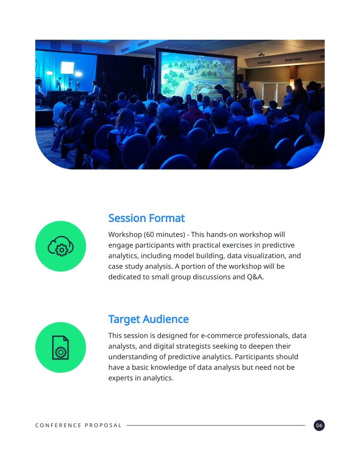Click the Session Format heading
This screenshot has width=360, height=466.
point(146,218)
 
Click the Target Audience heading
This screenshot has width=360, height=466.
point(148,319)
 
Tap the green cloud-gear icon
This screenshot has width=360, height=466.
point(60,246)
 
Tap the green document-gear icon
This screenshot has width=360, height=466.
point(60,347)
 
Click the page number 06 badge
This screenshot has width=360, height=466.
point(319,425)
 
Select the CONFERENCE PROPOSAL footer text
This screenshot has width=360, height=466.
point(78,425)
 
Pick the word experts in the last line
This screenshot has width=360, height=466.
point(120,378)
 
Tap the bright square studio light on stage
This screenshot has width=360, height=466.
point(67,68)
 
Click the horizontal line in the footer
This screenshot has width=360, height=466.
point(215,425)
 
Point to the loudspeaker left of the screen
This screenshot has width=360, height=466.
point(147,71)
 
